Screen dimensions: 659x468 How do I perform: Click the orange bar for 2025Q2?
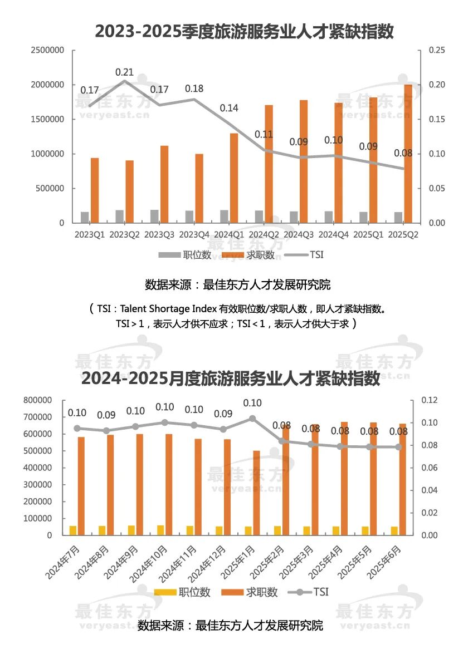pos(408,154)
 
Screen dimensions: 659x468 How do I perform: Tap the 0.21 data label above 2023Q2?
pos(124,72)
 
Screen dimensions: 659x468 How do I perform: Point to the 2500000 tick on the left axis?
pos(47,50)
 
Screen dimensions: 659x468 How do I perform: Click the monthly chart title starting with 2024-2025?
pos(231,379)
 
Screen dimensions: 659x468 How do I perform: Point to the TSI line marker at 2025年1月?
pos(252,418)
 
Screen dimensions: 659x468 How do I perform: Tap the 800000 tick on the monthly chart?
pos(38,400)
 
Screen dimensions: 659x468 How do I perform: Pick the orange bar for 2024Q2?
pos(269,164)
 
